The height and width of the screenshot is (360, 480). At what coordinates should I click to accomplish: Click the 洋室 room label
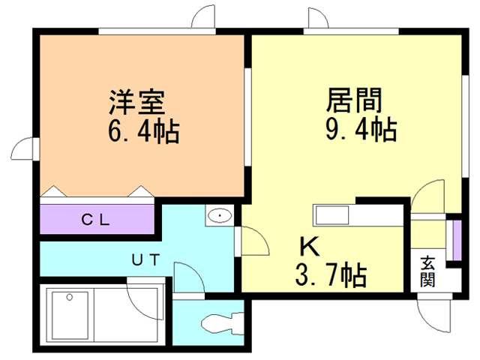(x=136, y=101)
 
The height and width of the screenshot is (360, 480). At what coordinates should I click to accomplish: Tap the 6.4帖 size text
(x=142, y=133)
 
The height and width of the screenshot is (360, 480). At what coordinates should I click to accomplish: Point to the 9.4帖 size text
(x=360, y=130)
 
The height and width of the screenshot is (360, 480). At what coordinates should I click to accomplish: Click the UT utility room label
(x=145, y=259)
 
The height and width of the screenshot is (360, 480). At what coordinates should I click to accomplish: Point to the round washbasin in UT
(x=220, y=217)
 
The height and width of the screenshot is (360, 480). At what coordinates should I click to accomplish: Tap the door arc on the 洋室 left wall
(x=24, y=148)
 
